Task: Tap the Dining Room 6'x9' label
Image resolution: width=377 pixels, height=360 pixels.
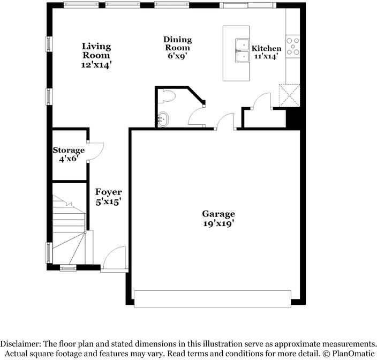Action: pos(177,47)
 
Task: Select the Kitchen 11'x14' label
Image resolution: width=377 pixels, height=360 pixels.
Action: pos(266,52)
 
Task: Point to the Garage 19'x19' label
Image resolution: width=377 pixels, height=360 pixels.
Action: pos(218,219)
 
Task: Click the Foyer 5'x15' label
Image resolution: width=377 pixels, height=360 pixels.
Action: pos(109,197)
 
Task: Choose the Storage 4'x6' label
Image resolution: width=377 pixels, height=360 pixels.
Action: pos(69,155)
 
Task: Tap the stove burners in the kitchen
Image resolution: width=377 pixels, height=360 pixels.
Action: pos(293,47)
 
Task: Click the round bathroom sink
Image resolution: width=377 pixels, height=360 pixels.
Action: pos(162,119)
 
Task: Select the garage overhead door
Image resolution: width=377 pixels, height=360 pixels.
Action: pos(213,299)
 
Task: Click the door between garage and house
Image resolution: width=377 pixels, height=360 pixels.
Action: pos(225,123)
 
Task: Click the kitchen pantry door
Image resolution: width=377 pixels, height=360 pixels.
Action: pos(262,102)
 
